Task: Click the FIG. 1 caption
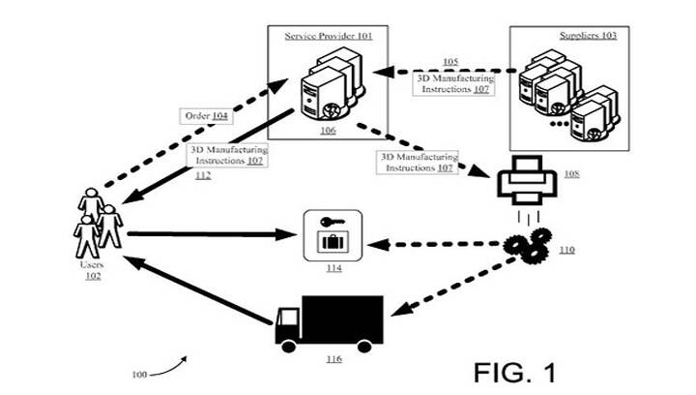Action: point(516,371)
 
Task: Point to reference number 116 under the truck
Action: point(333,359)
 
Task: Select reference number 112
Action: point(203,175)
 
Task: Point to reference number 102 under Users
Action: point(94,276)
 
